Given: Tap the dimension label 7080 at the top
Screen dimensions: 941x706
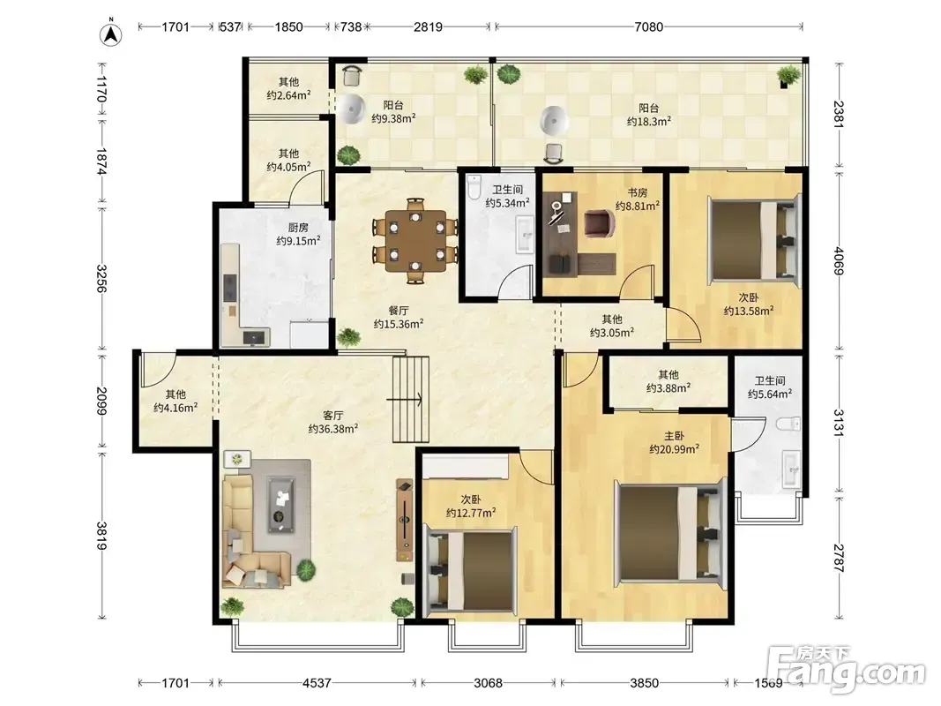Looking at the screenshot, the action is (649, 26).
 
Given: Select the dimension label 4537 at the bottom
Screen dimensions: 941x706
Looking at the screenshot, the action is (317, 682).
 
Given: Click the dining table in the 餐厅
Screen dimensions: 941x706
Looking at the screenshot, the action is (415, 240).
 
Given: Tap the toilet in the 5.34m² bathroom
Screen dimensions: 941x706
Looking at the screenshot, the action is (474, 187).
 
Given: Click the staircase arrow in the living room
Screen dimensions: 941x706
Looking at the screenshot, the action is (405, 399).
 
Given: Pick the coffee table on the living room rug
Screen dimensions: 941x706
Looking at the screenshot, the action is (280, 504).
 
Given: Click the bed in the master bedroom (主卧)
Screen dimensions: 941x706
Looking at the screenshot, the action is (670, 530).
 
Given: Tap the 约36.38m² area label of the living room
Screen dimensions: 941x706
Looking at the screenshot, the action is (333, 429).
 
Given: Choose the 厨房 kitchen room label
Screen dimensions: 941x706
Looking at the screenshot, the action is (298, 227).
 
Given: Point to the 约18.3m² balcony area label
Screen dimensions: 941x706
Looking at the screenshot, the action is (649, 121).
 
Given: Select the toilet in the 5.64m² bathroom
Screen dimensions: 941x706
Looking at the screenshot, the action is (788, 424).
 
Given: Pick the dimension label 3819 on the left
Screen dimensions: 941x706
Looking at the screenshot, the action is (102, 536).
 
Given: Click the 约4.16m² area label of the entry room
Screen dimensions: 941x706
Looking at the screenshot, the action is (176, 408).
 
